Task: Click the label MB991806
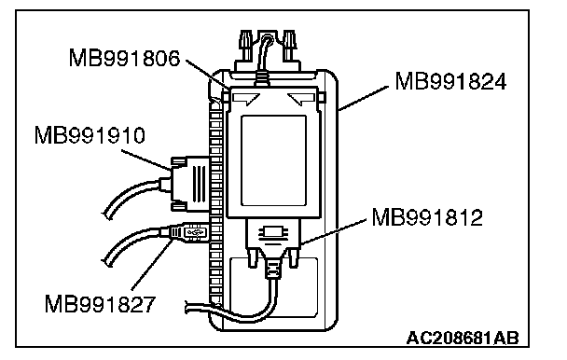pyautogui.click(x=124, y=58)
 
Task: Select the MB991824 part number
pyautogui.click(x=451, y=81)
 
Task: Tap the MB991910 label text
pyautogui.click(x=90, y=135)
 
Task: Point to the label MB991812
pyautogui.click(x=427, y=217)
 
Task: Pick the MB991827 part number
pyautogui.click(x=100, y=303)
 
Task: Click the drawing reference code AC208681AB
pyautogui.click(x=463, y=339)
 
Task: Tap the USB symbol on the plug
pyautogui.click(x=195, y=231)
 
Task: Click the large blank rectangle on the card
pyautogui.click(x=274, y=160)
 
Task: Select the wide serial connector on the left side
pyautogui.click(x=190, y=184)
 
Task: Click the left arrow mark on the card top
pyautogui.click(x=247, y=99)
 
